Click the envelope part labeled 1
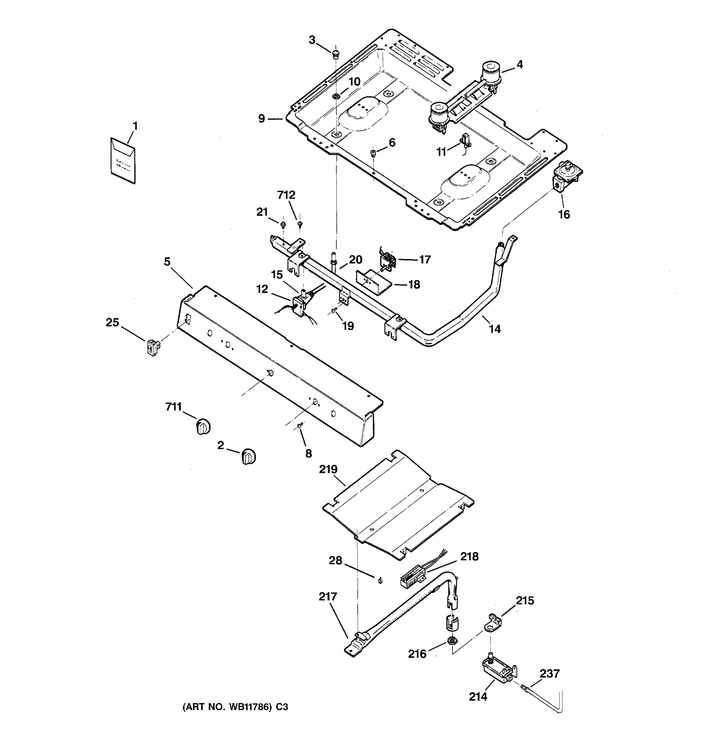(123, 161)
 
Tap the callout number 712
(286, 195)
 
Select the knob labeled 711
(203, 427)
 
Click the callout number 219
(328, 469)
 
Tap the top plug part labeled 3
(335, 55)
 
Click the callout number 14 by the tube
(495, 329)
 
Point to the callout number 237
(549, 673)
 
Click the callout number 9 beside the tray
(262, 119)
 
